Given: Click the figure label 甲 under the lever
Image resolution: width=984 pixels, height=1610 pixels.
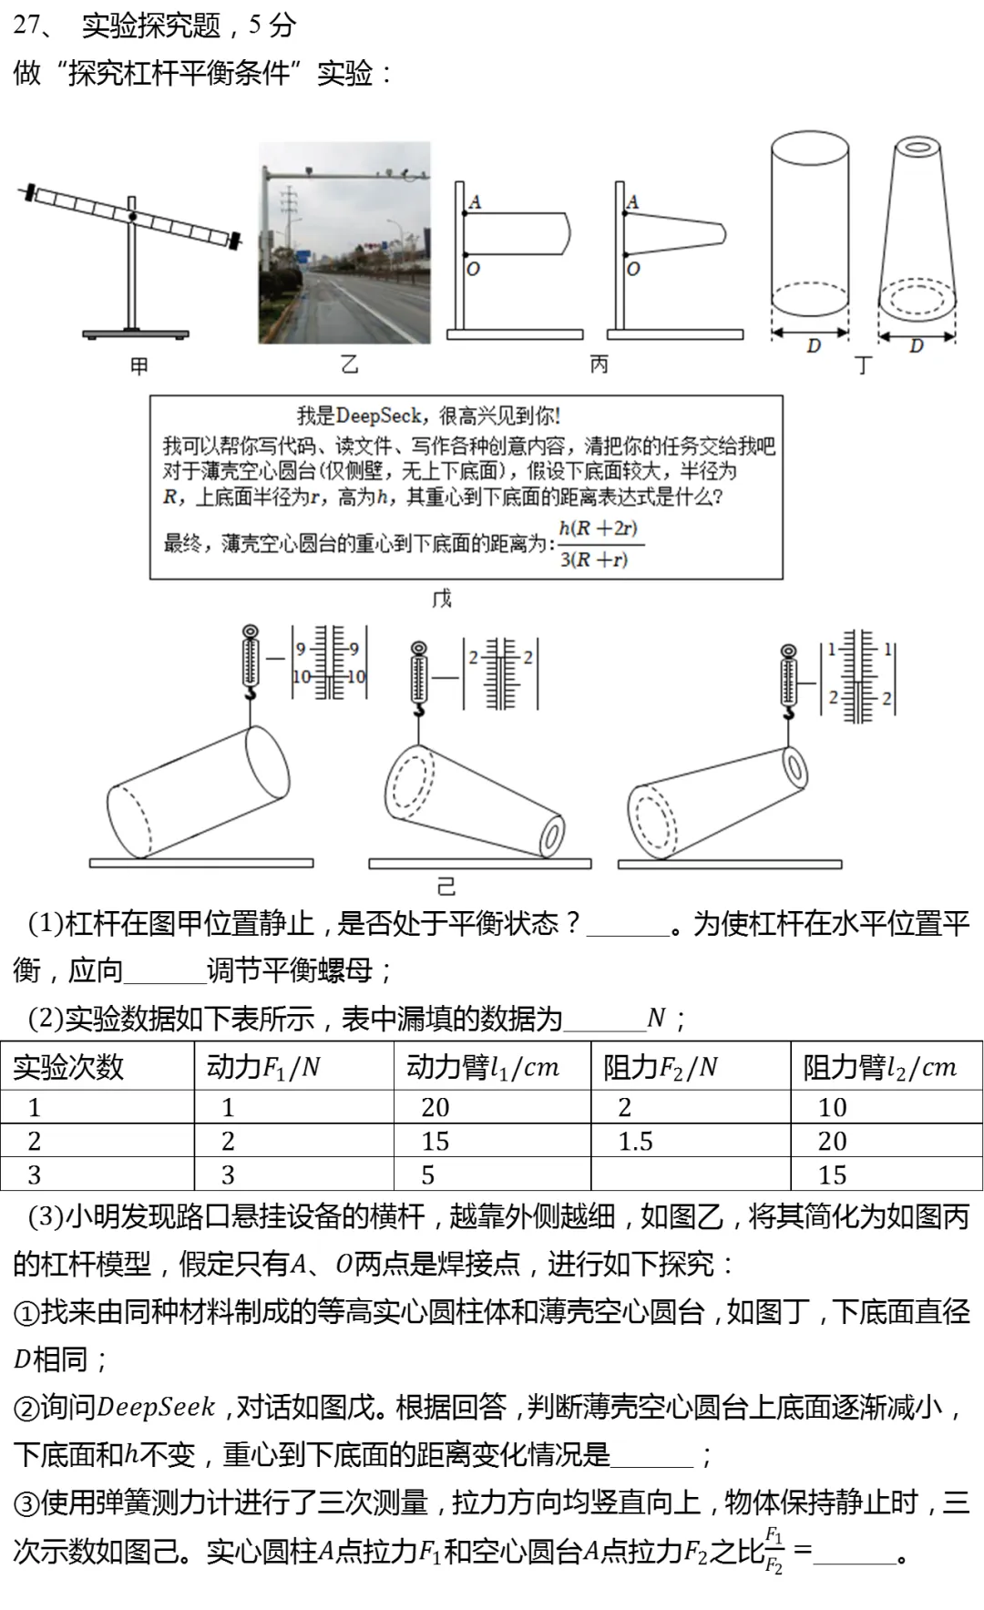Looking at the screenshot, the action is click(138, 366).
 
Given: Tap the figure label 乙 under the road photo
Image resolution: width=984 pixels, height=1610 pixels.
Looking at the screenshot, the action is click(349, 365).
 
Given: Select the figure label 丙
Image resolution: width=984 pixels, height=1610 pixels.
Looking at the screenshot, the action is click(599, 364).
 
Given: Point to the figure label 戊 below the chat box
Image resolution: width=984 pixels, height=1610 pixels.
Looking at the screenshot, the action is click(442, 599).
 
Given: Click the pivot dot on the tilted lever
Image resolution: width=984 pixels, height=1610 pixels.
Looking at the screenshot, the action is click(133, 217).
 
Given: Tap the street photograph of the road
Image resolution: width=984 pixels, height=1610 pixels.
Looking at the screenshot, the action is click(344, 243).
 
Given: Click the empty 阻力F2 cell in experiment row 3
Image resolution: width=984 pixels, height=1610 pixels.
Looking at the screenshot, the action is click(690, 1174).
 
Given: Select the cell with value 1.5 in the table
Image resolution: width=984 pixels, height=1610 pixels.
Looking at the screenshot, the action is click(635, 1141).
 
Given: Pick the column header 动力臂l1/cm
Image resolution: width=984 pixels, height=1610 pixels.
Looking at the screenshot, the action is click(483, 1067).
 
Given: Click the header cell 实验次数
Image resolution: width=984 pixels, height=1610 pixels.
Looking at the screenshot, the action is click(69, 1067).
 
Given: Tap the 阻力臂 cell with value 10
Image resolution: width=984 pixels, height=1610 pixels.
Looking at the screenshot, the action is click(832, 1107).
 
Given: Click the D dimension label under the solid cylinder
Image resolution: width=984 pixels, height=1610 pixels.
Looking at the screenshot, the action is click(813, 345).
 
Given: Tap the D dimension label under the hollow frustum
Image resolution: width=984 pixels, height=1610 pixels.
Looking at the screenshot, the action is click(916, 345).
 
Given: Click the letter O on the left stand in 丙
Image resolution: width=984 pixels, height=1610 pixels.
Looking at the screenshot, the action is click(473, 269).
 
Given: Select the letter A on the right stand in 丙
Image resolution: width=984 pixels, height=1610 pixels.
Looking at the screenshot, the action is click(632, 202).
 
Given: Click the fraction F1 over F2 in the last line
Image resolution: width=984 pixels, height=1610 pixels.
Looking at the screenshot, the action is click(774, 1550).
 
